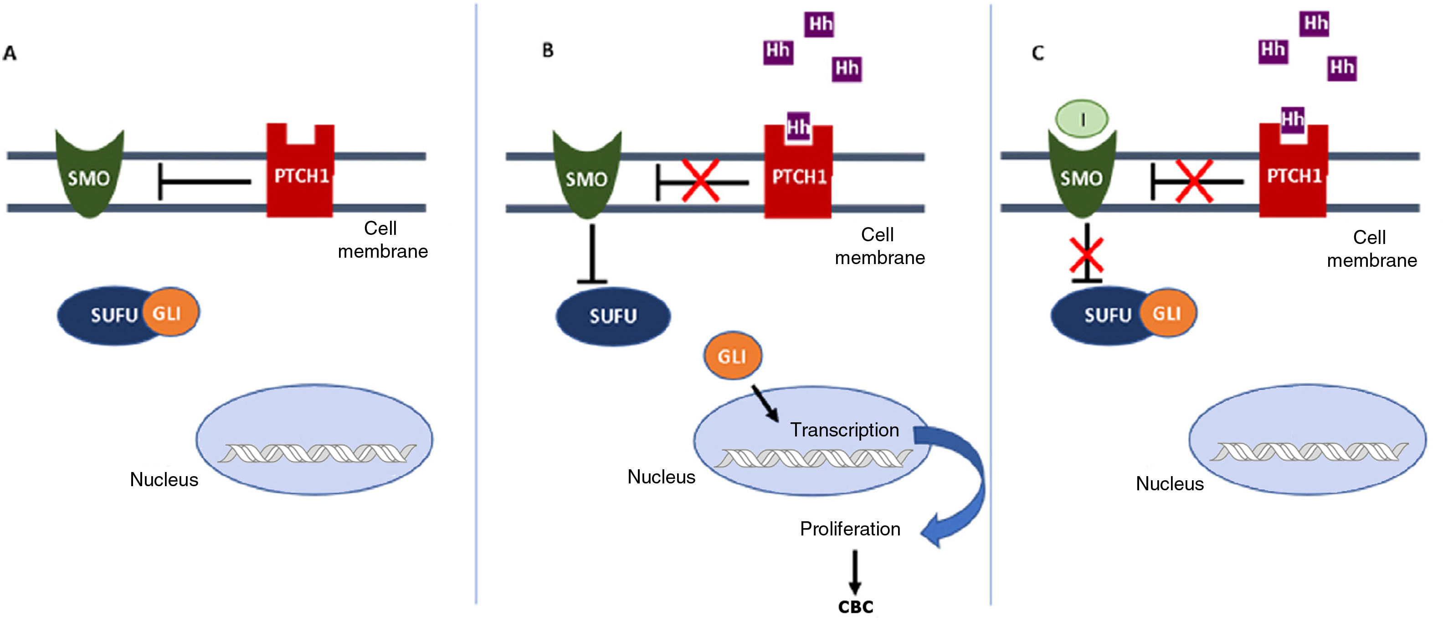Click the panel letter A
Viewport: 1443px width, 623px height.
click(x=10, y=53)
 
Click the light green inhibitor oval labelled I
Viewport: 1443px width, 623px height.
click(x=1082, y=119)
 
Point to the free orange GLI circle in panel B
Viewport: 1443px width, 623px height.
click(x=732, y=356)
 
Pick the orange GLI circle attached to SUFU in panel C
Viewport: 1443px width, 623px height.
click(x=1167, y=313)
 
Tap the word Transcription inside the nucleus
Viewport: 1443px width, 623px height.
click(x=844, y=430)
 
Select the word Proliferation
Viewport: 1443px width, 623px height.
click(x=850, y=529)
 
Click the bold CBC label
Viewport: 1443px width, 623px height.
click(x=855, y=607)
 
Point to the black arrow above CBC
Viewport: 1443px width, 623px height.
click(x=855, y=571)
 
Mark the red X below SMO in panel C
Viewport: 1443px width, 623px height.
click(x=1086, y=255)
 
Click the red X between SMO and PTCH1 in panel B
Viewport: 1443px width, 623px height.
click(x=700, y=181)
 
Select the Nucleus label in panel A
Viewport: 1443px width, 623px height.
click(x=164, y=480)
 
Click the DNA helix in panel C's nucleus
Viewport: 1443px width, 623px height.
click(x=1309, y=452)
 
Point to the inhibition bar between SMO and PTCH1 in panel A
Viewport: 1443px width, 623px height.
click(x=205, y=182)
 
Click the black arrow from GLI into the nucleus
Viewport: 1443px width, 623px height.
click(x=765, y=403)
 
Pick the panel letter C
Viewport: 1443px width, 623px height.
click(x=1038, y=53)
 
